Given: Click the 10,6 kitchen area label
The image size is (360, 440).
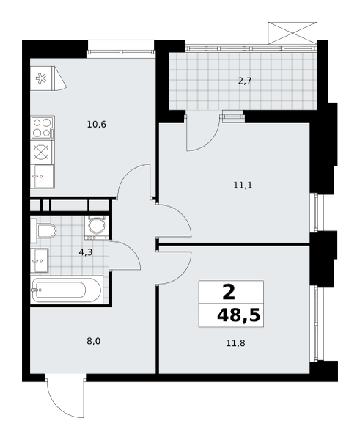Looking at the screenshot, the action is click(x=97, y=125).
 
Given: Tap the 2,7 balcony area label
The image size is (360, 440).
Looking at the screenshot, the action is click(x=245, y=81).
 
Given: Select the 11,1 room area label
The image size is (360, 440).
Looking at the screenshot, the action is click(x=243, y=186).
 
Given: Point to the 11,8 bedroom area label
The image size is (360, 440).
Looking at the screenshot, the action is click(x=235, y=343).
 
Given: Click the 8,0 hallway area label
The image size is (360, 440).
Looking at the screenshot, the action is click(x=93, y=342).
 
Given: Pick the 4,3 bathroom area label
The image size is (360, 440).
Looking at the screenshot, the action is click(x=86, y=252).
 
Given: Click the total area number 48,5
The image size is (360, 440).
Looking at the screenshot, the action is click(x=239, y=315).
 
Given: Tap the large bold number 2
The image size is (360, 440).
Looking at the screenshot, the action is click(x=229, y=292).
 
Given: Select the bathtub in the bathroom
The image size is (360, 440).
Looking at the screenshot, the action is click(x=66, y=290).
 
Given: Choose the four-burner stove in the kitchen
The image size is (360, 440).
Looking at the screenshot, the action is click(x=43, y=128).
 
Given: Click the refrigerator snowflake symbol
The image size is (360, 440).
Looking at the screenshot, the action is click(x=41, y=78).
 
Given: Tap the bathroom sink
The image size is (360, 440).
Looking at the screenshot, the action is click(x=40, y=260).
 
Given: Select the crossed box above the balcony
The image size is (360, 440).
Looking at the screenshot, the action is click(x=293, y=33).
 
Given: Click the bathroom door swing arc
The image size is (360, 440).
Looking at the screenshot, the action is click(x=130, y=252).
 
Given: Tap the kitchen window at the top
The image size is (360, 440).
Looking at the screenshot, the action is click(x=121, y=52).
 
